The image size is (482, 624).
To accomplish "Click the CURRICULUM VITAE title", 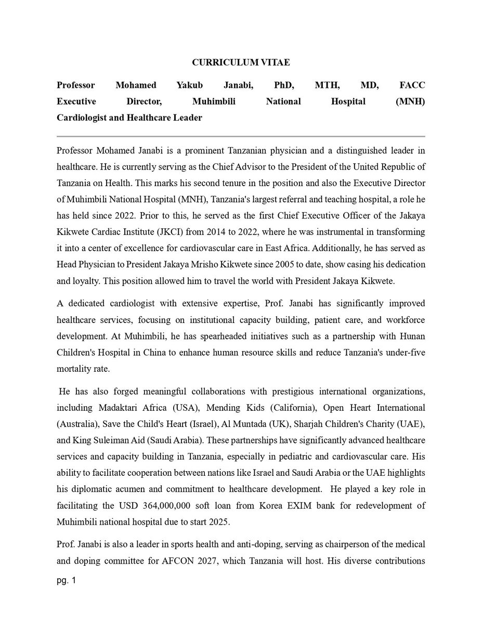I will (x=241, y=62).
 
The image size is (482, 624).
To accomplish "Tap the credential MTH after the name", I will (x=326, y=85).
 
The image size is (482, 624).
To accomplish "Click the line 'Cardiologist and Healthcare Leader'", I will (x=129, y=118).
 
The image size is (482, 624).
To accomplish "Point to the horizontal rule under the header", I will (x=241, y=136).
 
